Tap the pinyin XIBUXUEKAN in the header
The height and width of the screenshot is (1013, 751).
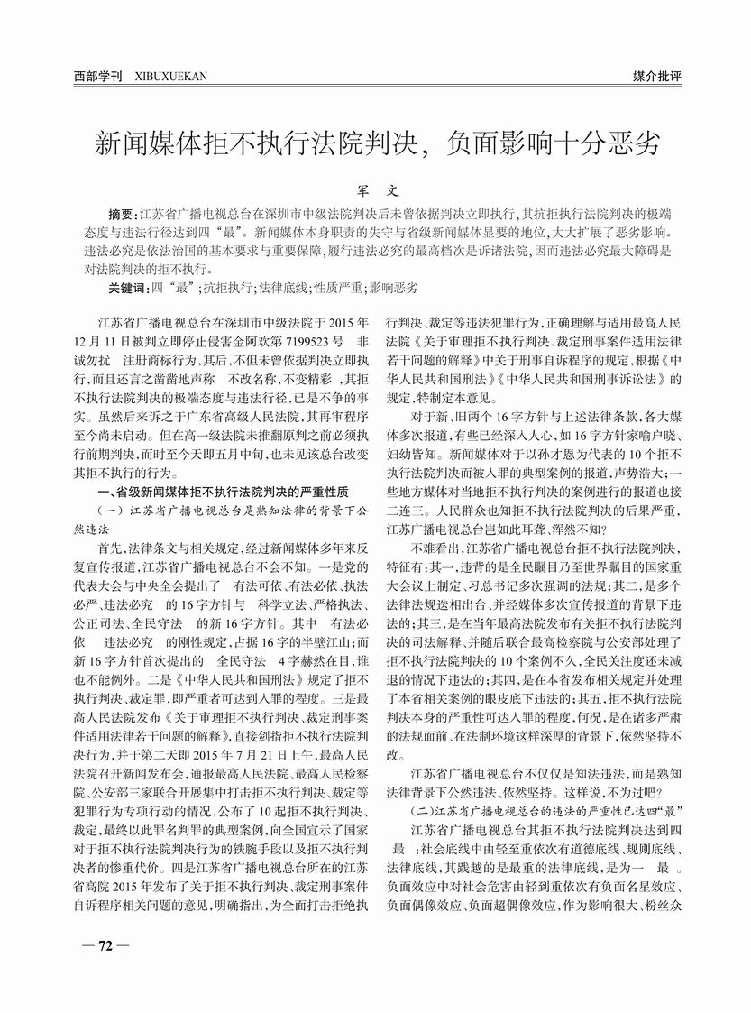coord(169,76)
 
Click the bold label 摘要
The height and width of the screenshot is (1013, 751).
coord(122,216)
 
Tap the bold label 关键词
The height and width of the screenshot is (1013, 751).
coord(127,288)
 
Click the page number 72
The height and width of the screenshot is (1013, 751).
coord(105,945)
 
